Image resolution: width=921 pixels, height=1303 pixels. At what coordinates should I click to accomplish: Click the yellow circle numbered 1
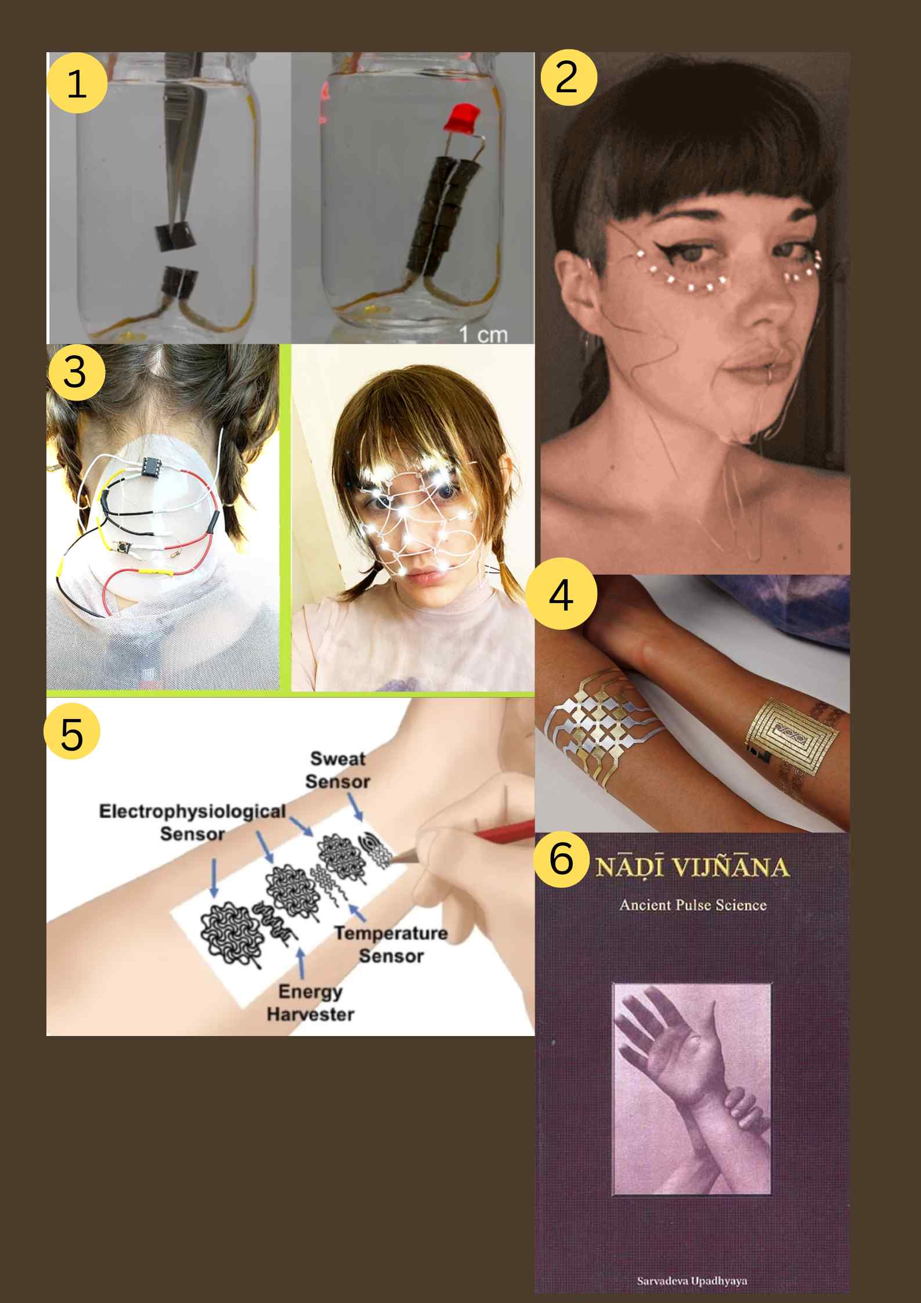click(77, 82)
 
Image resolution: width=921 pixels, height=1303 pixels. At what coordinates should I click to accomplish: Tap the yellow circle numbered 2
click(568, 77)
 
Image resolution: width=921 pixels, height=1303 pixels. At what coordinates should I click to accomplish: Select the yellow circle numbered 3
click(77, 372)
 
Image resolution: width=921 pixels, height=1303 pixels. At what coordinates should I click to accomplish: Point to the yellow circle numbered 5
click(72, 731)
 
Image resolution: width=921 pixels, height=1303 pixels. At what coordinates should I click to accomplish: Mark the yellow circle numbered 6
click(561, 858)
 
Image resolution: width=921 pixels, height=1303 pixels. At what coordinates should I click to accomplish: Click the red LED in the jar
click(459, 118)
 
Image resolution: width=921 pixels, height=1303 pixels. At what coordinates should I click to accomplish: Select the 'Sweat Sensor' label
click(338, 770)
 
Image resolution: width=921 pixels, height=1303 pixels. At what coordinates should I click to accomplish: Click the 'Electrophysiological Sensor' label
click(192, 822)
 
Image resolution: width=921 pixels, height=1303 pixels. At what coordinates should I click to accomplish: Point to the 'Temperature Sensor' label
click(391, 944)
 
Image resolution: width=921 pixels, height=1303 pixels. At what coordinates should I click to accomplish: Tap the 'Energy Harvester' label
click(310, 1002)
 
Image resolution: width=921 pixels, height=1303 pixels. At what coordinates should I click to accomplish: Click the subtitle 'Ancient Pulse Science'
click(693, 905)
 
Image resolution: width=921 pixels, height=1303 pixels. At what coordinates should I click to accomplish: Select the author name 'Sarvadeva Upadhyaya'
click(692, 1281)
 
